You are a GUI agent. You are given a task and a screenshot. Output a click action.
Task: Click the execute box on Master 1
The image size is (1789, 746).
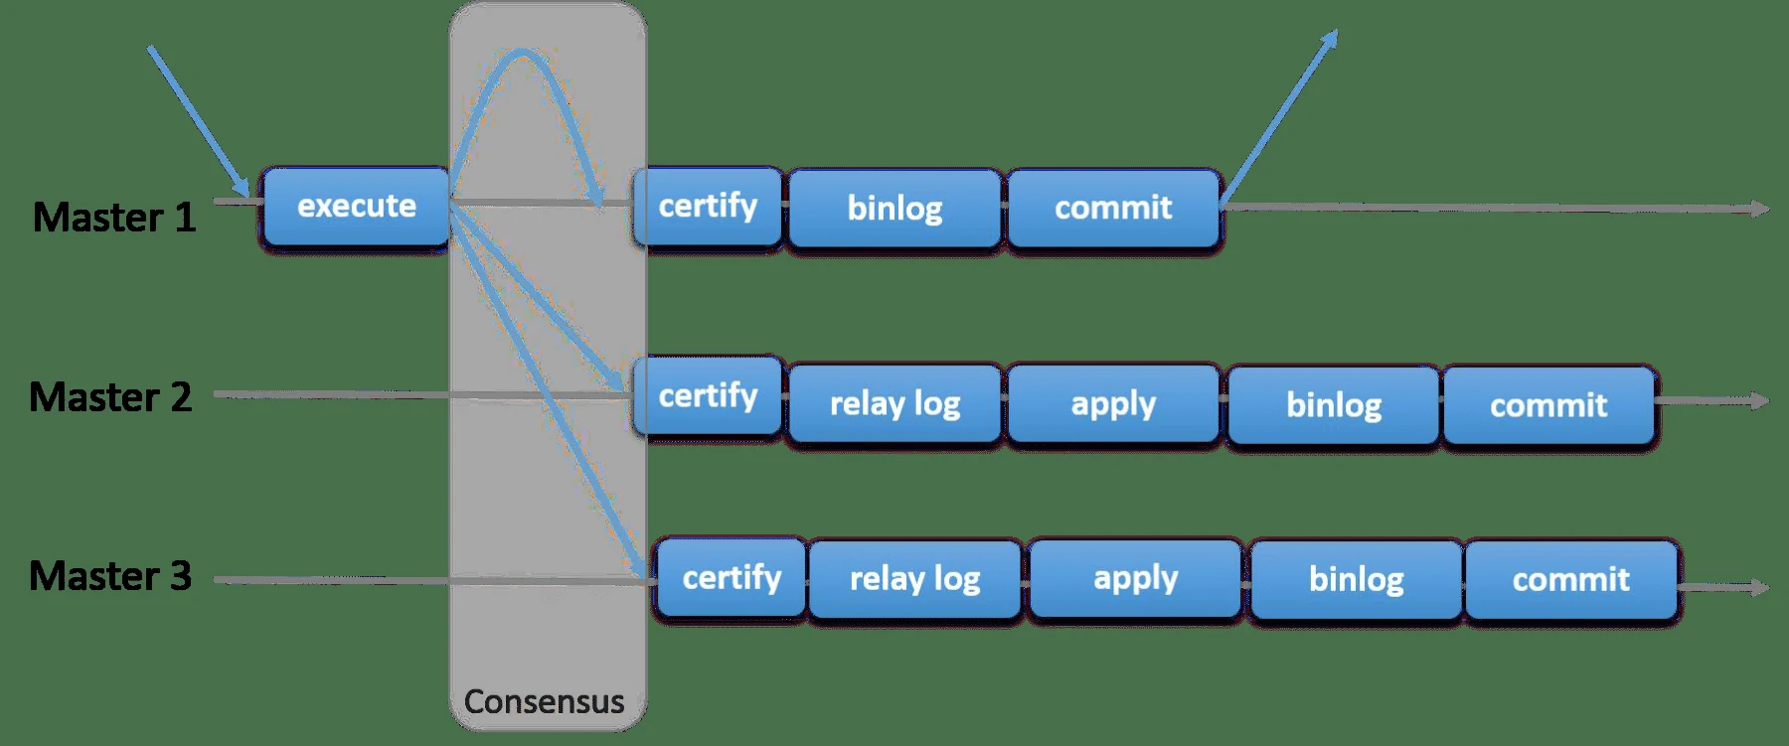[x=356, y=206]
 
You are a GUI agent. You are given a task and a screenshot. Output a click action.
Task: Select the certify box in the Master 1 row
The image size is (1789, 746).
[x=708, y=206]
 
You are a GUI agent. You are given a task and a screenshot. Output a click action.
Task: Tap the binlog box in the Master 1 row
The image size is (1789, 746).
[x=894, y=208]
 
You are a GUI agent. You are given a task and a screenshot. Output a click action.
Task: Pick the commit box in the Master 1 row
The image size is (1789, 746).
[x=1113, y=208]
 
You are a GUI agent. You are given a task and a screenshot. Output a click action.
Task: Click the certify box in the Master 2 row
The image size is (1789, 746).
[x=708, y=395]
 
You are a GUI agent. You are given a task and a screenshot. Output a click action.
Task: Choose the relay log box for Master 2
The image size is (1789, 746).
[x=894, y=403]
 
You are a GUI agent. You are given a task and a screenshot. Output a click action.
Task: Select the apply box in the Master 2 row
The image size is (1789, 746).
[x=1113, y=403]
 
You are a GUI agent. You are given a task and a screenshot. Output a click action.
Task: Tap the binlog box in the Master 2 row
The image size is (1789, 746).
[x=1334, y=404]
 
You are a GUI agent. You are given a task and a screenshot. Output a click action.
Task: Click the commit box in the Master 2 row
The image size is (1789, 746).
[x=1548, y=404]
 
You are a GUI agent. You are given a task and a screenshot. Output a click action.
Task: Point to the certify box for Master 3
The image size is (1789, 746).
[x=732, y=578]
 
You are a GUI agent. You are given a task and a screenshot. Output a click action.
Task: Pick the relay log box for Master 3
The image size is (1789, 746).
[x=914, y=579]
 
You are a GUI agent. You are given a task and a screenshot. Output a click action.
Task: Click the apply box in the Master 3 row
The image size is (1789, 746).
[x=1135, y=579]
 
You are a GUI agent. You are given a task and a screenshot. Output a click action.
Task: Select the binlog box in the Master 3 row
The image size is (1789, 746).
[x=1356, y=580]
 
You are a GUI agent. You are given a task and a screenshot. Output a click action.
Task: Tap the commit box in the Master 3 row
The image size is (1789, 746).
[x=1570, y=580]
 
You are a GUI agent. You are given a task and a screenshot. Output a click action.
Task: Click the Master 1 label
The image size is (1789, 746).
[x=113, y=218]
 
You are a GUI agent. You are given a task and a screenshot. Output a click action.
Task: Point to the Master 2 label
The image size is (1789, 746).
[x=109, y=397]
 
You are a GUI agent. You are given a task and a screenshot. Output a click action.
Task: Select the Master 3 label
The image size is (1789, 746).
[x=109, y=576]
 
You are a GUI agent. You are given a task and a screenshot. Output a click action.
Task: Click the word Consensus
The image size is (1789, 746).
[x=544, y=701]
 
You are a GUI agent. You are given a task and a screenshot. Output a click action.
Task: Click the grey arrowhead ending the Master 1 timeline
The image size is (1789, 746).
[x=1761, y=209]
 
